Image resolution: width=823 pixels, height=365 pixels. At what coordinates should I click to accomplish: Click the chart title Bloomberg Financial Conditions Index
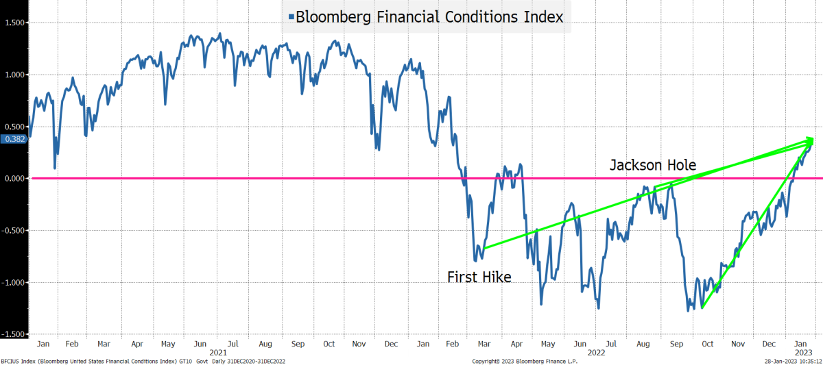tap(429, 17)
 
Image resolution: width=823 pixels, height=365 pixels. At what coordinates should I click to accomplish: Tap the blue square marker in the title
tap(291, 18)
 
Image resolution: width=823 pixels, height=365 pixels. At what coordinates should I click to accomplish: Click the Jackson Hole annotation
tap(653, 165)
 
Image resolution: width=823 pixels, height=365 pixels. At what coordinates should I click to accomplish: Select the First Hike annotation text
tap(479, 277)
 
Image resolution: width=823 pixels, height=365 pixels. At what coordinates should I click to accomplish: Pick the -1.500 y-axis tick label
tap(12, 334)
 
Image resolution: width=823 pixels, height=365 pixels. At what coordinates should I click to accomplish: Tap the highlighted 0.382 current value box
tap(14, 139)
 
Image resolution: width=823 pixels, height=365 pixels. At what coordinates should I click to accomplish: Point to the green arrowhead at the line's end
tap(809, 140)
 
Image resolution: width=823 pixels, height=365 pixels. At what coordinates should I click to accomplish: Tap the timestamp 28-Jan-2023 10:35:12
tap(792, 360)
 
